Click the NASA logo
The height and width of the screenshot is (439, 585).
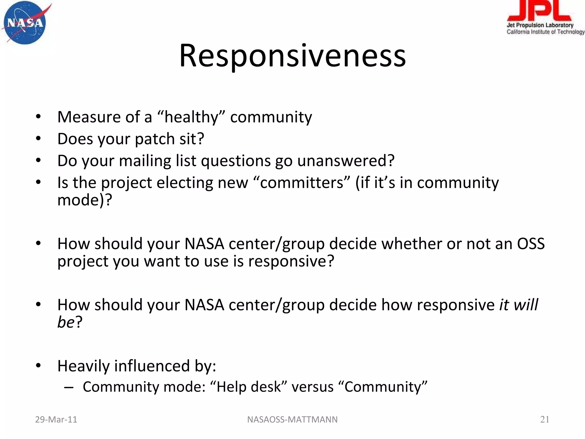point(25,23)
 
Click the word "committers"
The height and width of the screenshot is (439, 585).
point(302,183)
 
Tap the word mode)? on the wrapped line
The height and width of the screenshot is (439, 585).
point(85,200)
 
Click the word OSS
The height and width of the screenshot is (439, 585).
point(531,244)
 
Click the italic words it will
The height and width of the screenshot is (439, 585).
point(518,305)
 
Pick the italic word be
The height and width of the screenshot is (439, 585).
point(66,322)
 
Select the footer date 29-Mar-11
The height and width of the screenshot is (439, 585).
point(56,420)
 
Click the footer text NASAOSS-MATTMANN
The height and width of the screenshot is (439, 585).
point(292,420)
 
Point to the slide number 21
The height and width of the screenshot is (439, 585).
point(544,420)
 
